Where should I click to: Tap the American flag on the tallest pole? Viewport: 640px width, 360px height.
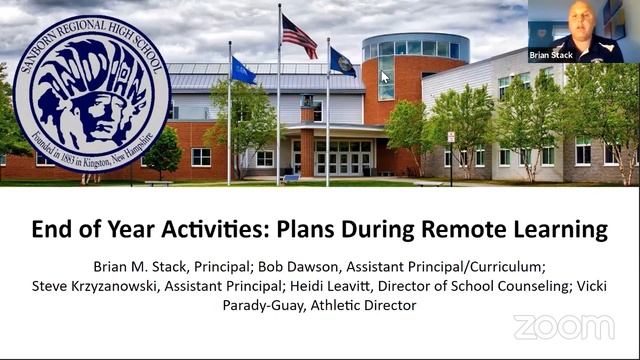(x=299, y=36)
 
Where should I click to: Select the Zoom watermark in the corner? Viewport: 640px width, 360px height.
(x=564, y=327)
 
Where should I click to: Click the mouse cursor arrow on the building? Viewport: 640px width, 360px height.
(x=385, y=77)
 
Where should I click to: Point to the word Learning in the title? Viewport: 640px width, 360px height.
(x=558, y=230)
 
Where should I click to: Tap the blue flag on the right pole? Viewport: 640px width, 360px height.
(x=342, y=62)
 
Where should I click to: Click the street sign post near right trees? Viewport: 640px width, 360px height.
(x=451, y=150)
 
